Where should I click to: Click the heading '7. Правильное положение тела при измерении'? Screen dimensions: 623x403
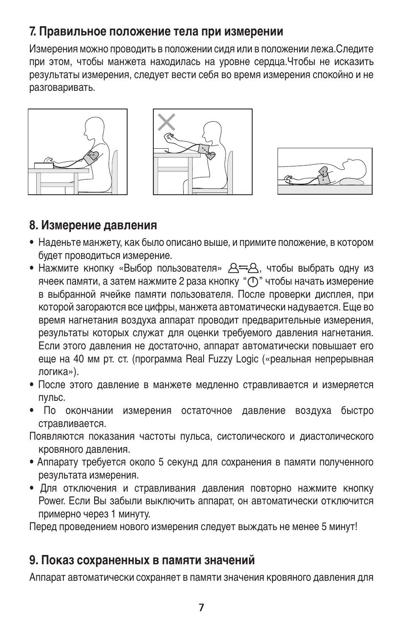point(156,32)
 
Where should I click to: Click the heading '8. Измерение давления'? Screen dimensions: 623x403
point(93,226)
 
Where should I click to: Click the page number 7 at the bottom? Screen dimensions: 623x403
point(201,608)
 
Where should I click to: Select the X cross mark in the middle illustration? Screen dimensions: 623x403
point(167,122)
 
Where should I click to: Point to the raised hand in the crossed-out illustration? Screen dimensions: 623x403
point(169,137)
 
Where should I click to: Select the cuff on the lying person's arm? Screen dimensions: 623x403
point(324,174)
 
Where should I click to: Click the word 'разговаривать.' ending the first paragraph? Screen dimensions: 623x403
point(62,88)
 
